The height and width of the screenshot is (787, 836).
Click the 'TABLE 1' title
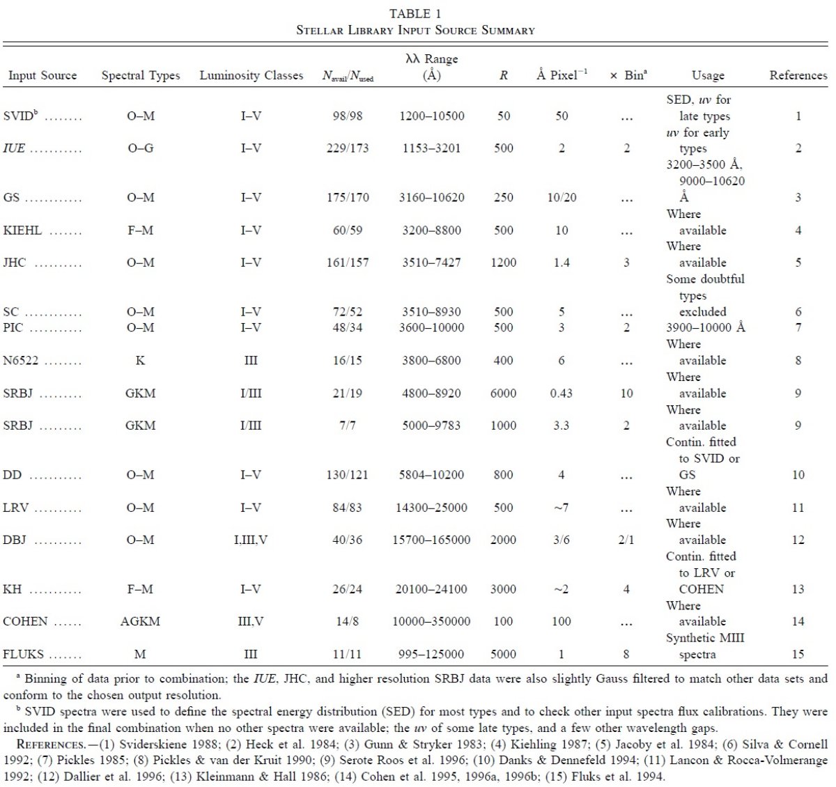[x=415, y=14]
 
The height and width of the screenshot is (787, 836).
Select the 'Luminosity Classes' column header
[x=251, y=75]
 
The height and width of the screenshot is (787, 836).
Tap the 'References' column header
[x=798, y=75]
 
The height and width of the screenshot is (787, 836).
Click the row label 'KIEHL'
[x=22, y=231]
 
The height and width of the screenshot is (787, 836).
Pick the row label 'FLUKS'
[x=23, y=654]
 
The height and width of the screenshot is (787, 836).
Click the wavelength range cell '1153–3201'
[x=431, y=148]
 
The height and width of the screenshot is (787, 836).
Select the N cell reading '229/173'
[x=348, y=148]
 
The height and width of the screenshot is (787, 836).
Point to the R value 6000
[x=503, y=393]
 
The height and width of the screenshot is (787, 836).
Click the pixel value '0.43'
[x=561, y=393]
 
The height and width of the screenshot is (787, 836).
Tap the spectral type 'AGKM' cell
[x=140, y=621]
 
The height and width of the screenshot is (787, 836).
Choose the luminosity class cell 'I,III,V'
[x=251, y=540]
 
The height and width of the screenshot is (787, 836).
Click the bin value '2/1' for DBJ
[x=626, y=540]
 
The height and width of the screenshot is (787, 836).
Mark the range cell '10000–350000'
[x=431, y=621]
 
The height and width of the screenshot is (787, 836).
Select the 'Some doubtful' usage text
[x=705, y=279]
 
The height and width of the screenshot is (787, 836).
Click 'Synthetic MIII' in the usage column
[x=705, y=638]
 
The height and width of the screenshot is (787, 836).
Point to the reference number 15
[x=798, y=654]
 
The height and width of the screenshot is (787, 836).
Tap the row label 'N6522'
[x=21, y=360]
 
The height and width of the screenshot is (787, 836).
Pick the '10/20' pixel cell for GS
[x=562, y=197]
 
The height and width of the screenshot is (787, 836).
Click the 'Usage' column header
[x=708, y=75]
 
